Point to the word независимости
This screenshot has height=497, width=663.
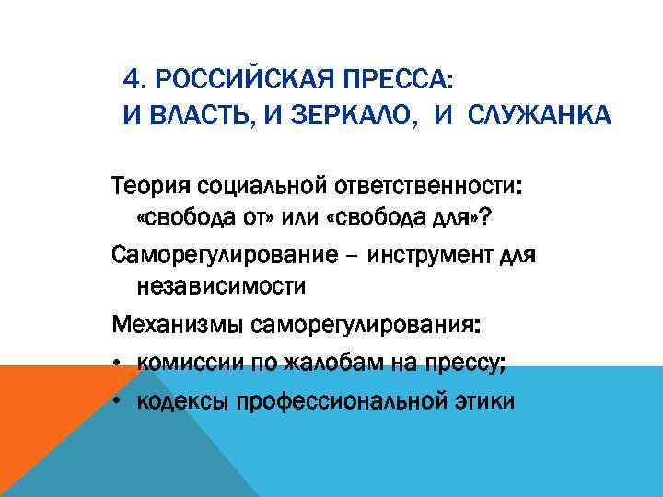coord(221,285)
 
